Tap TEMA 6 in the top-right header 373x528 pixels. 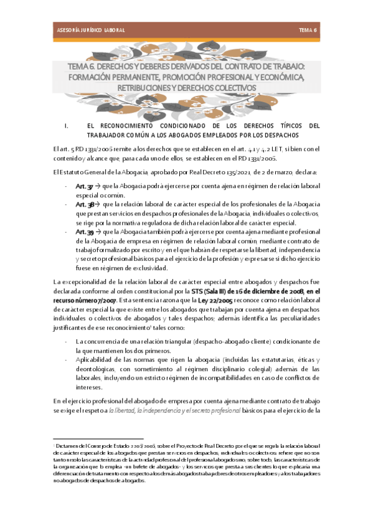(x=308, y=30)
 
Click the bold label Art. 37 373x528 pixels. (x=83, y=186)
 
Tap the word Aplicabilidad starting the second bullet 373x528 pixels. (x=94, y=359)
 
